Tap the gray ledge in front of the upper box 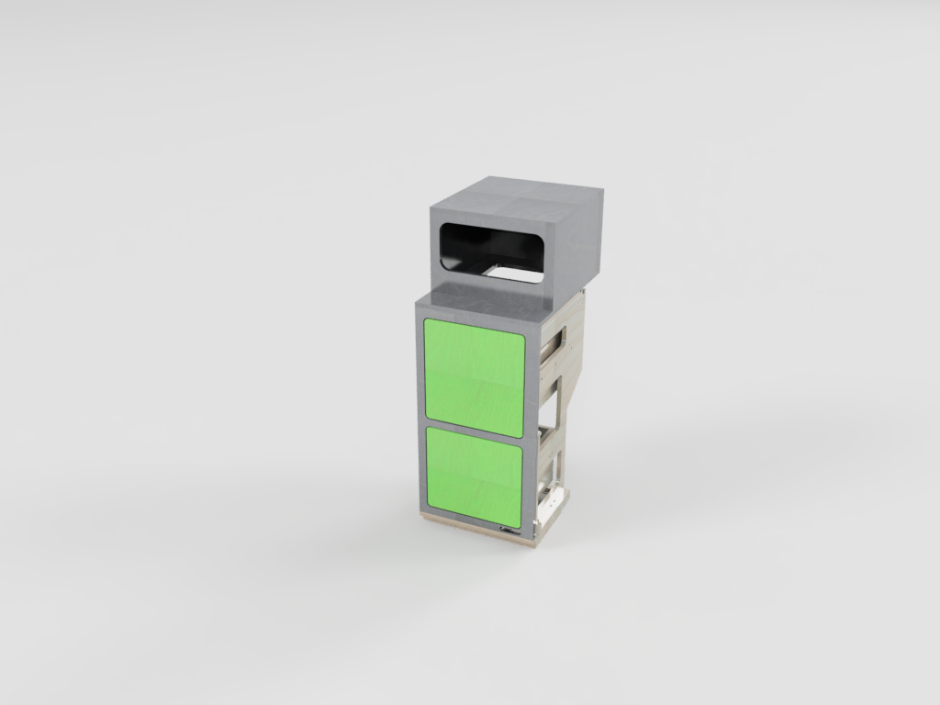[x=477, y=296]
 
